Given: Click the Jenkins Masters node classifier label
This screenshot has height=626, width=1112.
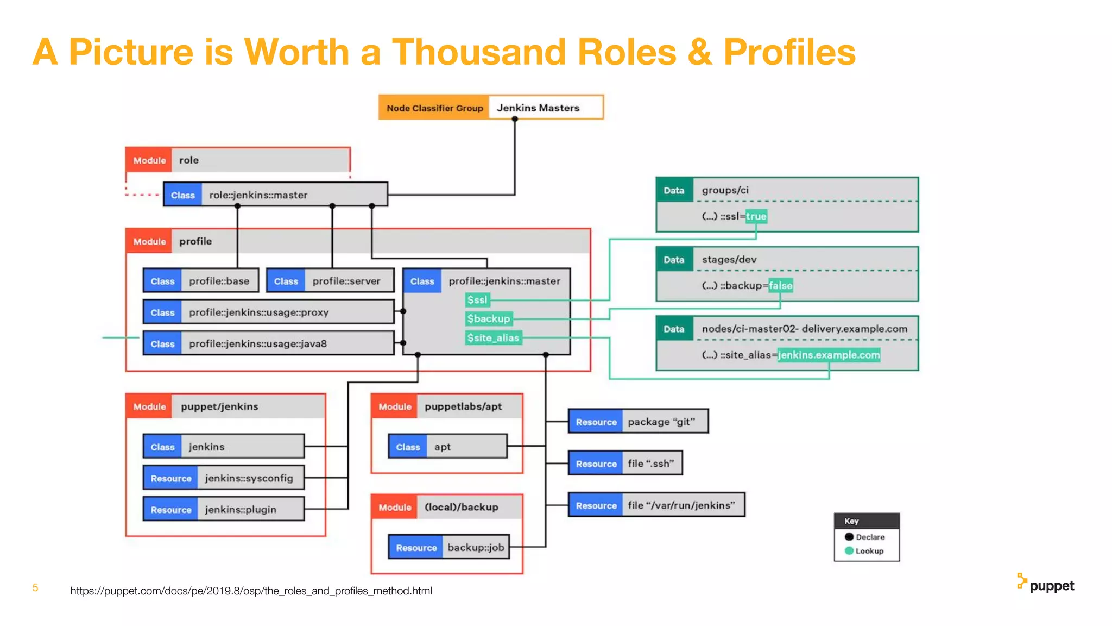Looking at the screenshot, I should coord(538,108).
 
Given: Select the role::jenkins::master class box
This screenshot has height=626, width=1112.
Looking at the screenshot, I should coord(275,195).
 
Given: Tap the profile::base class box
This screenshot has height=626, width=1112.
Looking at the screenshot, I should coord(201,281).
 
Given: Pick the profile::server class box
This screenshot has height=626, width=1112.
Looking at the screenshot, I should coord(330,281).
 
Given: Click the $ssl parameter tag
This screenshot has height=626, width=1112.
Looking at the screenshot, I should coord(477,300).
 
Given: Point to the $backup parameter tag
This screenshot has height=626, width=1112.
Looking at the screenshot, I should coord(489,318).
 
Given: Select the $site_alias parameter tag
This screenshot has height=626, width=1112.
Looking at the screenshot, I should coord(493,337).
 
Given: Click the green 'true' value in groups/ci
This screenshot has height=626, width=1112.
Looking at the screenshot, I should coord(756,216).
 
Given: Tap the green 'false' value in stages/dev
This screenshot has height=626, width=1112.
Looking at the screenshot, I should coord(780,285).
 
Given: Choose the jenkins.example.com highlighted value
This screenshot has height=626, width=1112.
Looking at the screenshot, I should coord(829,355).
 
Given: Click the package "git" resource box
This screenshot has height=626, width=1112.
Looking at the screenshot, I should coord(638,421).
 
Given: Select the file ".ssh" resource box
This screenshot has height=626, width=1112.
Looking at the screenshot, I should coord(625,463).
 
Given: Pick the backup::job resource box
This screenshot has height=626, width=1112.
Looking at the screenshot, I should coord(448,547).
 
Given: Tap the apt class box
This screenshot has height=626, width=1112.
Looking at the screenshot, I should coord(447,446).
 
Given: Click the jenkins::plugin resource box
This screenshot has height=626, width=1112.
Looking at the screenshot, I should coord(223,509).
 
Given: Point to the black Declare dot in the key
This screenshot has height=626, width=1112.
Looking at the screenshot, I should coord(849,536).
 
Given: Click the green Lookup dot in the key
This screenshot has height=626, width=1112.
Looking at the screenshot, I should coord(849,550).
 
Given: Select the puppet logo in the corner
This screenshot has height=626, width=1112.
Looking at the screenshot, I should coord(1045,584).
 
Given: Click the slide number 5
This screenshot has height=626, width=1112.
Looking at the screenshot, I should coord(35,587).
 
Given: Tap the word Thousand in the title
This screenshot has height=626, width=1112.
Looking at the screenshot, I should coord(479,52).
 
